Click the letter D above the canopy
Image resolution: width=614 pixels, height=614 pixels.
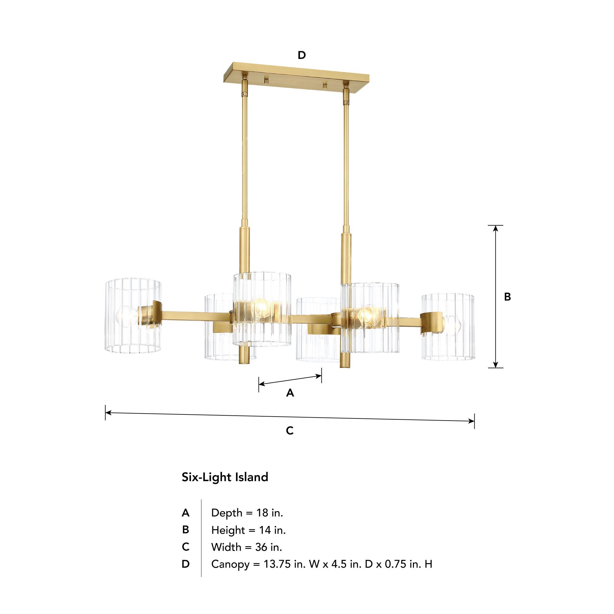301,55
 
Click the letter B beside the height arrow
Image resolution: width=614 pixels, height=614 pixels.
507,297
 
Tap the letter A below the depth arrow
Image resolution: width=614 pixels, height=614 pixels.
290,393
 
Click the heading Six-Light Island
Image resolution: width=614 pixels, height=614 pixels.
225,477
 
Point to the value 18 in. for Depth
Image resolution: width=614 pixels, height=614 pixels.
270,513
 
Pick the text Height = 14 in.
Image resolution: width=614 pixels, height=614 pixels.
248,530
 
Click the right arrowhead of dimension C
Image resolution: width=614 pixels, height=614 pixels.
472,421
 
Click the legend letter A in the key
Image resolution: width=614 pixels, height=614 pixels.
186,513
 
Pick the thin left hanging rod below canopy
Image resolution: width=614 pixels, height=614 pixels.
244,159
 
